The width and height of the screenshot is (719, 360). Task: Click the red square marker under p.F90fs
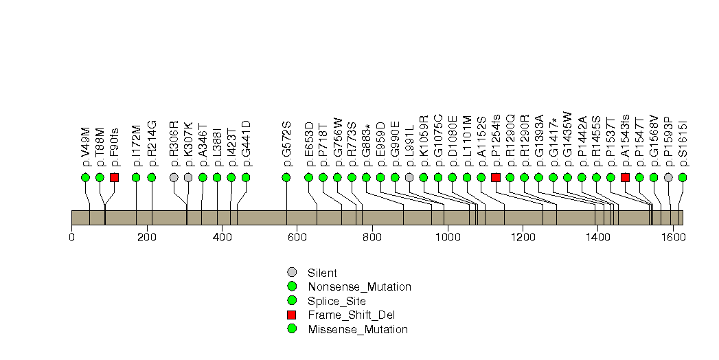[114, 177]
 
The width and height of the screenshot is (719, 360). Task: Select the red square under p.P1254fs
[496, 177]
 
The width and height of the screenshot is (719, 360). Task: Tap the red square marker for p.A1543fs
[625, 177]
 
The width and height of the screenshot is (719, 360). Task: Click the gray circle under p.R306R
[174, 177]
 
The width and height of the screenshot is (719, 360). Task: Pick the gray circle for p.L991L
[409, 177]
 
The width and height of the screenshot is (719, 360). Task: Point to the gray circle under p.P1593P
[669, 177]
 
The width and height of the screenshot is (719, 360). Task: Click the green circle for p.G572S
[286, 177]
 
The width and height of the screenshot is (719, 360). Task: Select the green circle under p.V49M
[85, 177]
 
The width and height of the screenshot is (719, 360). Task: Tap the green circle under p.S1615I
[683, 177]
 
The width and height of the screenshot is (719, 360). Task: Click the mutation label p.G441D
[246, 144]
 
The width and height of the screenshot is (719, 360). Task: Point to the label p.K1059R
[424, 140]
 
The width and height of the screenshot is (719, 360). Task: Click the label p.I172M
[136, 146]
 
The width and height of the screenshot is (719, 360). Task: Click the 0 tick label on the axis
[71, 238]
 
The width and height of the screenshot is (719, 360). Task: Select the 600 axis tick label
[297, 238]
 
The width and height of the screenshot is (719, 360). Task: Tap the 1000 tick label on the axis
[448, 238]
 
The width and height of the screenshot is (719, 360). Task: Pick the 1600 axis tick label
[673, 238]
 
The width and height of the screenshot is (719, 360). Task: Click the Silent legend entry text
[322, 273]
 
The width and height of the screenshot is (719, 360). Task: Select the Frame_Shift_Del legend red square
[292, 315]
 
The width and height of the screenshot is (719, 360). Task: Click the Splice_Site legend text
[337, 302]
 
